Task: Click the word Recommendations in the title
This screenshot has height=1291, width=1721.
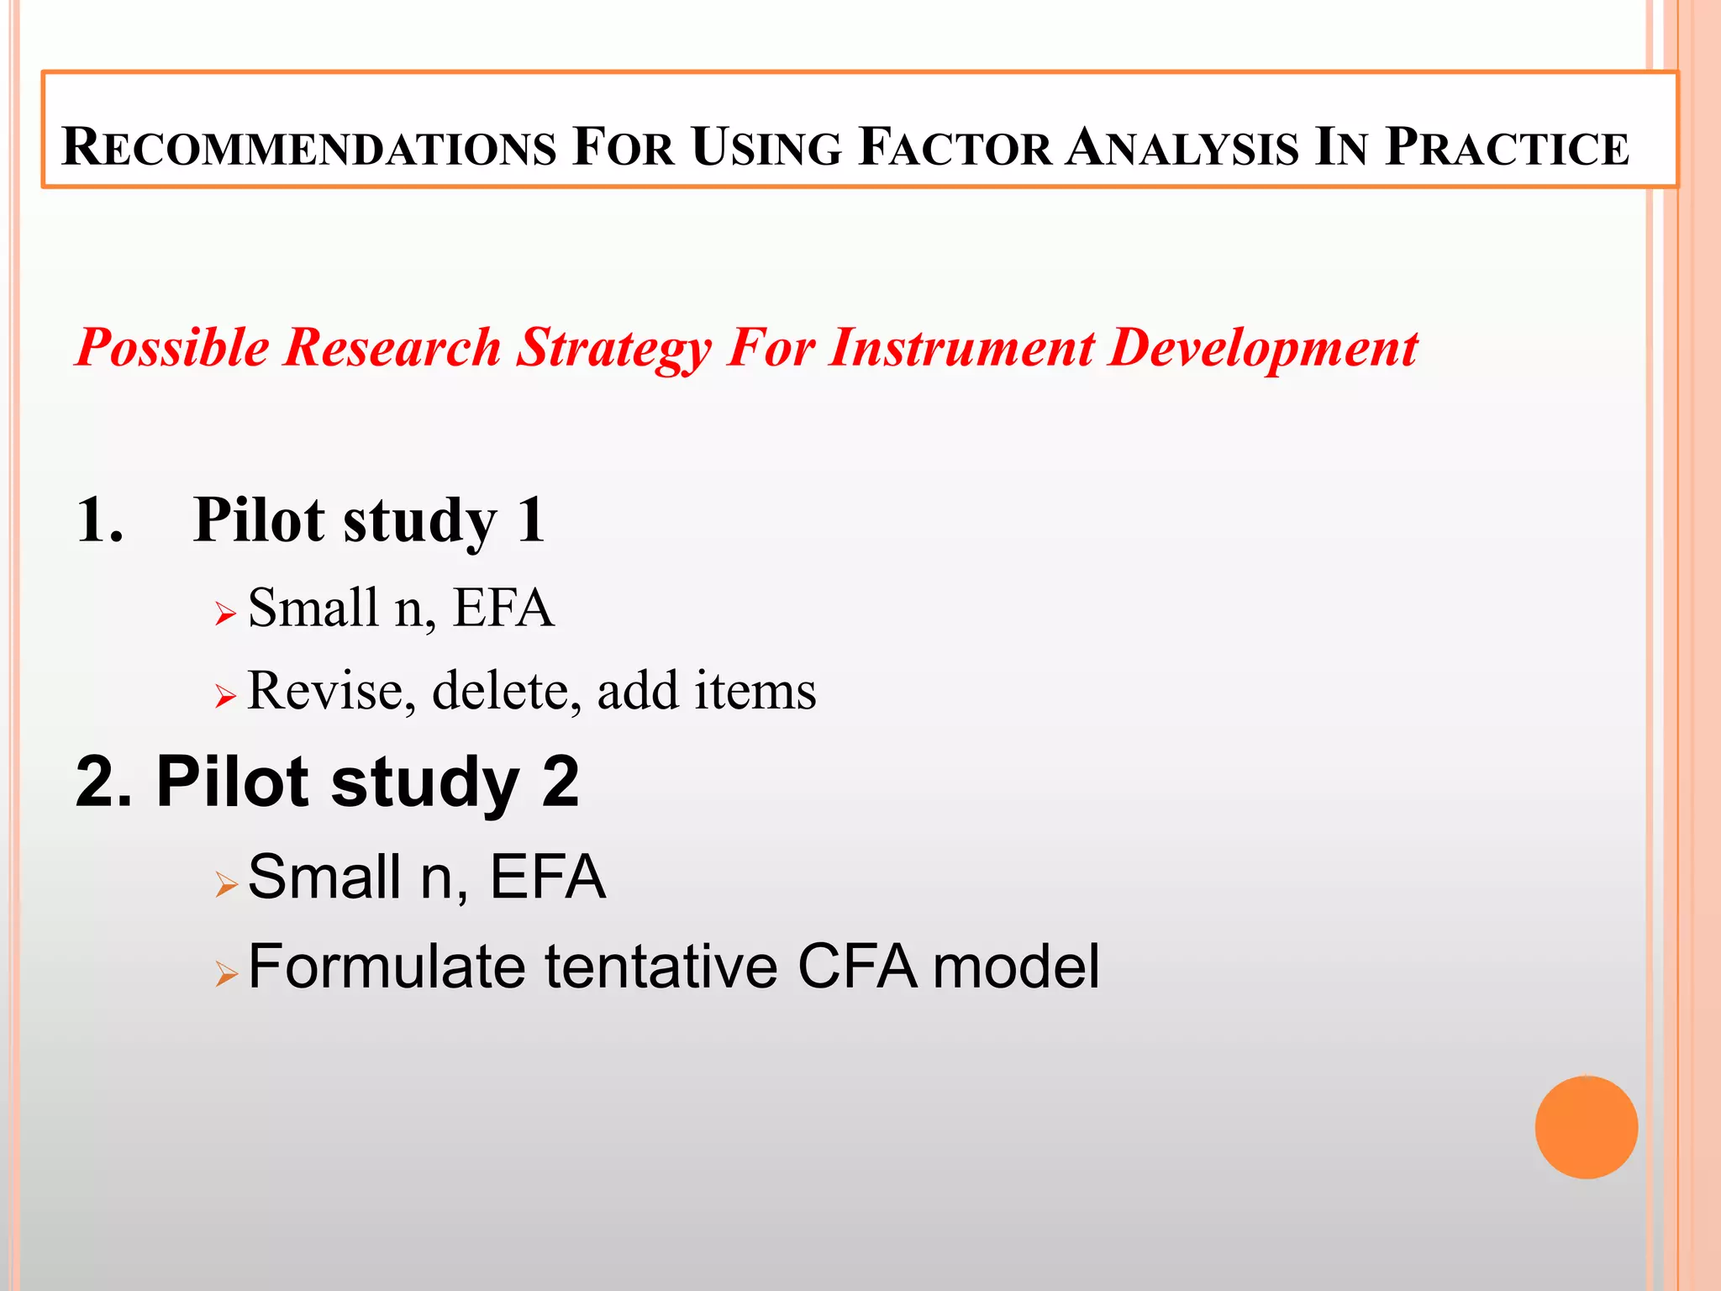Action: (308, 147)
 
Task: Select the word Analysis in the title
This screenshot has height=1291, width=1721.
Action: (1182, 147)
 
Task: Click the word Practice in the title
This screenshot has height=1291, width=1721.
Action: (1507, 147)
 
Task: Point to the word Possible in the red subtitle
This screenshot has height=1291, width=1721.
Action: (171, 348)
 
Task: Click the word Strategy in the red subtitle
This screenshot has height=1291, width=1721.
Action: (613, 348)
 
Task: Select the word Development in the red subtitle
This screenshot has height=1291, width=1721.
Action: (1263, 348)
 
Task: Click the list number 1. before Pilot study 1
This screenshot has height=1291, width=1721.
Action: (99, 520)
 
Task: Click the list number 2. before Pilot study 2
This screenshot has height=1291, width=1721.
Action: (103, 783)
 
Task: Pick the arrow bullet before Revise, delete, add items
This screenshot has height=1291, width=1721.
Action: (225, 696)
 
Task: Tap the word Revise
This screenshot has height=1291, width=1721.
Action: (331, 692)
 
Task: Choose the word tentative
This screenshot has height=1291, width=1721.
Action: (661, 967)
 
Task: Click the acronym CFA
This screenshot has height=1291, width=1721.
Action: (856, 967)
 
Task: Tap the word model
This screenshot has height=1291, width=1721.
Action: (1016, 967)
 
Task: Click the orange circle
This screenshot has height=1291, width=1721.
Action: (1586, 1127)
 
